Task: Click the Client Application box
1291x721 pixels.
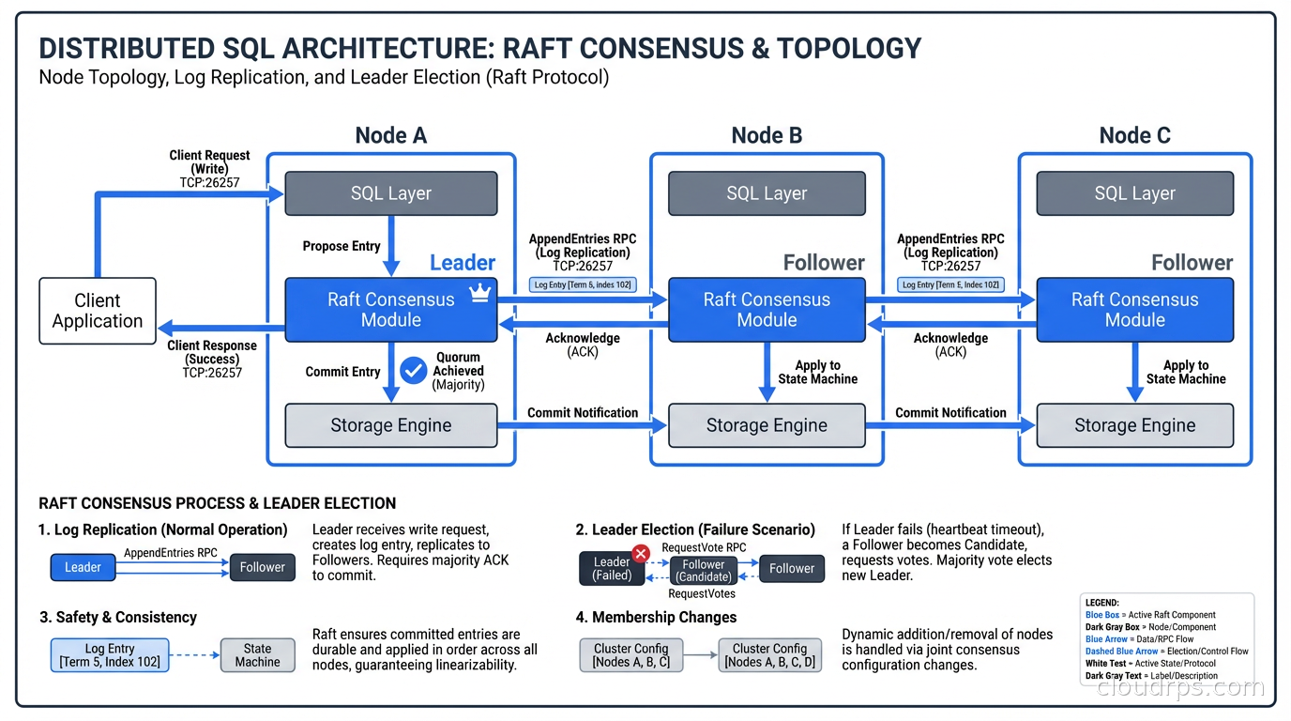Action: (x=98, y=311)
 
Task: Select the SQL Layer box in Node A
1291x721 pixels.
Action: (x=390, y=193)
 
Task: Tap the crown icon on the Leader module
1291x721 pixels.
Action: (x=479, y=294)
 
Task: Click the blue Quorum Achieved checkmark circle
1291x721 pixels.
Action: (x=413, y=370)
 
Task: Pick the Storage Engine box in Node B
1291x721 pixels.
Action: (x=767, y=425)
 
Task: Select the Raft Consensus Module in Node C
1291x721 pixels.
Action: (x=1134, y=310)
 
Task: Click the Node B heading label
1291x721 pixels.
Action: (x=767, y=136)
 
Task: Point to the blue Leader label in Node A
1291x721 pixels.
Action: (x=462, y=263)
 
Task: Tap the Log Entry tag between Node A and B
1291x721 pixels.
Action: (x=583, y=284)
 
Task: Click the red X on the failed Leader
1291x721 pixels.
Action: (x=641, y=554)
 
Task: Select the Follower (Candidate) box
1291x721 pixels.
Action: (x=704, y=571)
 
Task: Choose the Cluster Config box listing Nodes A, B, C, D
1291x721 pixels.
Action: (x=769, y=655)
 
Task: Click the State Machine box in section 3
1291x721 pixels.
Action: (x=257, y=655)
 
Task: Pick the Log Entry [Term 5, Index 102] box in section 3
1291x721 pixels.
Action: (x=110, y=655)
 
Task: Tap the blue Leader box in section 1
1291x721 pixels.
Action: (x=83, y=567)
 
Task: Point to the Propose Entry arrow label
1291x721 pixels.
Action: (x=342, y=246)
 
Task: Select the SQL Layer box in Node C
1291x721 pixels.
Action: (x=1134, y=193)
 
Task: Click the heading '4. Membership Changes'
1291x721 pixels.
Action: (x=656, y=617)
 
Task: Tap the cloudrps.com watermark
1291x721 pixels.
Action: (x=1180, y=687)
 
